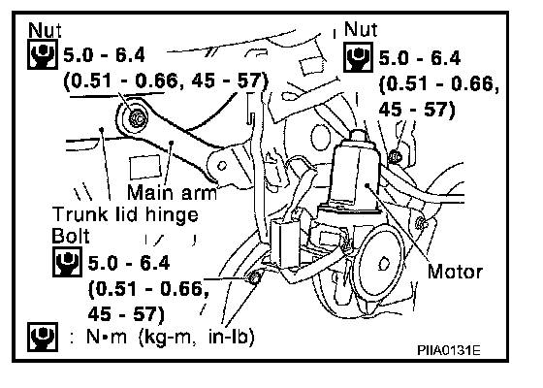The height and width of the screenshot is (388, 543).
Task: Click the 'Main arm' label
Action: pos(173,192)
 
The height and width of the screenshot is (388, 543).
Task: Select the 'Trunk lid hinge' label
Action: pos(125,214)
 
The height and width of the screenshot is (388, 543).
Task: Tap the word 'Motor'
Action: pos(455,272)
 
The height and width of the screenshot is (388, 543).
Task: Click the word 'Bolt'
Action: pos(70,237)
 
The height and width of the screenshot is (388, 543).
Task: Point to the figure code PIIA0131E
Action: pos(448,350)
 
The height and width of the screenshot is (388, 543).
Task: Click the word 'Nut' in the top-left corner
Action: pos(45,30)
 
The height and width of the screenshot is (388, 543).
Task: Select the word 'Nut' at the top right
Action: pos(361,29)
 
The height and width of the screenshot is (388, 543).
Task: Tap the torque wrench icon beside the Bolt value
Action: pos(67,262)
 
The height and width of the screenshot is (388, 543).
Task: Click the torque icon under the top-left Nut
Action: pos(43,54)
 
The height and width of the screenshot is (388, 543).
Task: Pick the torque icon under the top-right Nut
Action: pos(358,57)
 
